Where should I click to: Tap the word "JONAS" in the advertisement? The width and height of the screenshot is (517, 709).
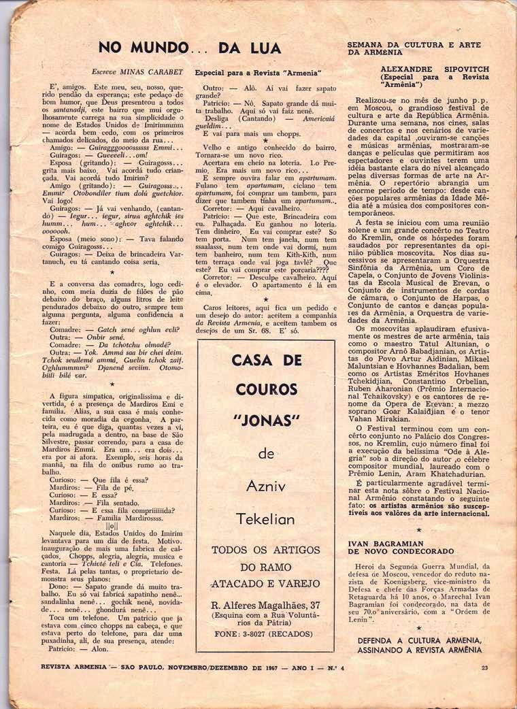pos(266,420)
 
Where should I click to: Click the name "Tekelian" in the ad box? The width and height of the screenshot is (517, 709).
pos(266,519)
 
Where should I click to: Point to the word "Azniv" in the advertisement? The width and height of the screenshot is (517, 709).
pos(266,487)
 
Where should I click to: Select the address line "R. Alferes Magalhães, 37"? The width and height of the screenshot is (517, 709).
pos(266,605)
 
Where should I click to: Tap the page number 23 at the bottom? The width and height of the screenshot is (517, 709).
pos(484,667)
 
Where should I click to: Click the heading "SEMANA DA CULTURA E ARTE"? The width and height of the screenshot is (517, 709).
pos(414,45)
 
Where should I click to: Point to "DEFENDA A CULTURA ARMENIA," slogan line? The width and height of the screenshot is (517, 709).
pos(420,641)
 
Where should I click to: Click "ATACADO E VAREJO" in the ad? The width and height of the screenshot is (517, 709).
pos(266,583)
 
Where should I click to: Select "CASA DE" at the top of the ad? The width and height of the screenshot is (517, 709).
pos(266,360)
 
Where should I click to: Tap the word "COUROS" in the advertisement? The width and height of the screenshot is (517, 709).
pos(266,390)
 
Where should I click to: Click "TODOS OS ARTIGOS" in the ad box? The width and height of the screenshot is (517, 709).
pos(266,550)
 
